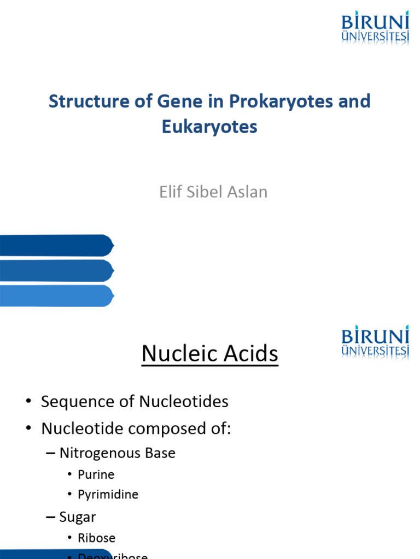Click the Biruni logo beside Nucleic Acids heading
[x=375, y=342]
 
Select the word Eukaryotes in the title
[x=209, y=127]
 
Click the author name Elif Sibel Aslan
[x=213, y=192]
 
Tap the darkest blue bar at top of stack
[x=55, y=245]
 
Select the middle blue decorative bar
[x=55, y=271]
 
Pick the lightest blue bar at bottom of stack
[x=55, y=296]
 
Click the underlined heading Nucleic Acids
[x=209, y=354]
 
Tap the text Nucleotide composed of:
[x=136, y=429]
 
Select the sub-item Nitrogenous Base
[x=117, y=453]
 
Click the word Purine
[x=96, y=474]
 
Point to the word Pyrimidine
[x=108, y=495]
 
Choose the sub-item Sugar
[x=78, y=516]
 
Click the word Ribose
[x=96, y=538]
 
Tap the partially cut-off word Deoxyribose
[x=113, y=556]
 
